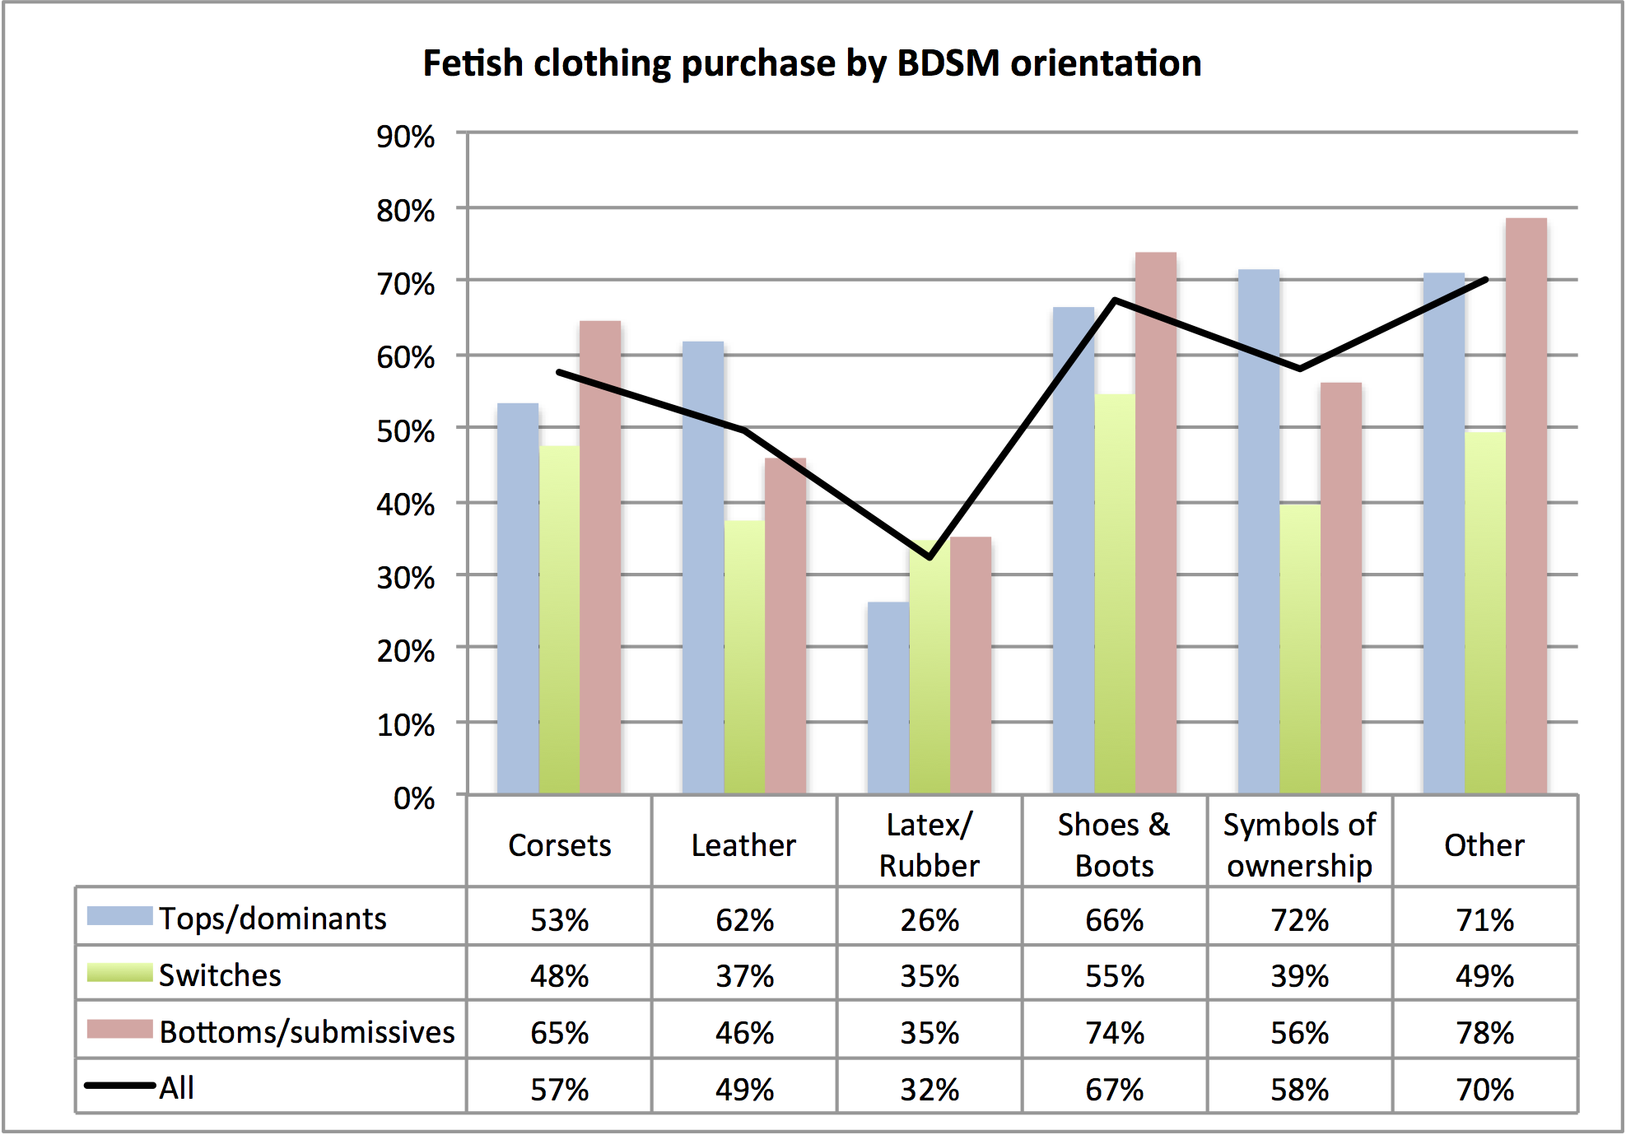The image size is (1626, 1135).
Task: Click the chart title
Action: [x=812, y=63]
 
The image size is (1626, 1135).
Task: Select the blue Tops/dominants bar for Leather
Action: [x=703, y=568]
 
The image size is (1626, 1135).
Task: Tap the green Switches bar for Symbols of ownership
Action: [x=1300, y=650]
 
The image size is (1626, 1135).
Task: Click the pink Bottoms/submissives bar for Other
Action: [x=1526, y=506]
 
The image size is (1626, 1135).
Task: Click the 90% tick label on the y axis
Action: [x=405, y=137]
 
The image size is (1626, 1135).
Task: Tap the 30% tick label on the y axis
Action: [x=405, y=578]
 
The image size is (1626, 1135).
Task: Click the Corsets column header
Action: [x=560, y=845]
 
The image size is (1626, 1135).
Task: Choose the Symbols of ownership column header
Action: [x=1299, y=845]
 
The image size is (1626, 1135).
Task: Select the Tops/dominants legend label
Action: [x=273, y=919]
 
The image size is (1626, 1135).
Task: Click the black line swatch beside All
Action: [x=120, y=1086]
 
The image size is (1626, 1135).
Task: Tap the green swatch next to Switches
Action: [x=120, y=973]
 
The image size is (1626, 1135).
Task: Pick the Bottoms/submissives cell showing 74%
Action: [x=1115, y=1032]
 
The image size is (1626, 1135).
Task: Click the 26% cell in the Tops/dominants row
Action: [x=929, y=919]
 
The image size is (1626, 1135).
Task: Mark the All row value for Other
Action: [x=1484, y=1089]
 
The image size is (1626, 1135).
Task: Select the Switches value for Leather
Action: [x=744, y=976]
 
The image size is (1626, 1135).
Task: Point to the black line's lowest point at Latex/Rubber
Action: [x=929, y=557]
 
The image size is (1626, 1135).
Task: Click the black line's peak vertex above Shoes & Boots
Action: [x=1115, y=300]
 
